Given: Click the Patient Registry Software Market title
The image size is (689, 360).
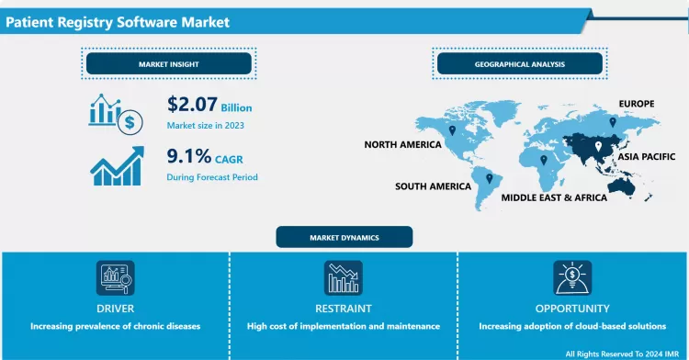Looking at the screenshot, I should (x=117, y=20).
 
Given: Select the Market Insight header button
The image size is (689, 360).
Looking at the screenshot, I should (x=168, y=64).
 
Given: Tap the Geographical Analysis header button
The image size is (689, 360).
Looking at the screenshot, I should (x=520, y=64).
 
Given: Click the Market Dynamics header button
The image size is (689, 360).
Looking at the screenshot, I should (x=344, y=237).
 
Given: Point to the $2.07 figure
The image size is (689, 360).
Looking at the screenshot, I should (x=191, y=105).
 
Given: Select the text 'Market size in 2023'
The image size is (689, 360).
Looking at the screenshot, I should (x=206, y=125).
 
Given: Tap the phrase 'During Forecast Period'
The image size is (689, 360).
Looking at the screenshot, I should (x=212, y=176).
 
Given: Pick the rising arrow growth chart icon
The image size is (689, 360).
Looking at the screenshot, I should (x=116, y=164).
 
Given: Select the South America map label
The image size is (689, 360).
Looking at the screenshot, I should (x=433, y=186).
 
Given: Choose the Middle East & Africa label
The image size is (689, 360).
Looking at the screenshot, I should (x=554, y=197).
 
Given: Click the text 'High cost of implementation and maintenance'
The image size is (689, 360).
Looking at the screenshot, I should (x=344, y=326).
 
